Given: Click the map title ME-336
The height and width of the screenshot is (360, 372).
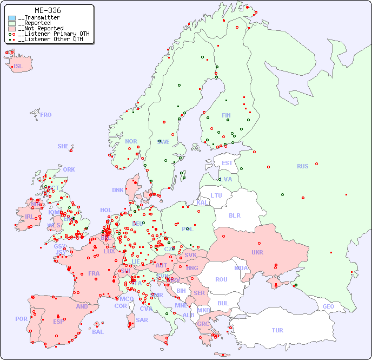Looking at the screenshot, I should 48,10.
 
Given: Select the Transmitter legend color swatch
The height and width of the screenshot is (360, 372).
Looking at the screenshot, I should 12,18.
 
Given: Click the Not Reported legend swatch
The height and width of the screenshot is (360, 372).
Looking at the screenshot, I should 12,28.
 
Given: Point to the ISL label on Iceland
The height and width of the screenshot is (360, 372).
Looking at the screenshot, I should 18,67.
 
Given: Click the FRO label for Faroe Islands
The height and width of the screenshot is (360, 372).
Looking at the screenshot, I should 46,115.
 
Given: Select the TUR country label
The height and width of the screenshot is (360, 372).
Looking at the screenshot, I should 277,330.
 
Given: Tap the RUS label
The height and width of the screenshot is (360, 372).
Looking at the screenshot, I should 302,166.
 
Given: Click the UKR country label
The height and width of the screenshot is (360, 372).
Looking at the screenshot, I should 257,252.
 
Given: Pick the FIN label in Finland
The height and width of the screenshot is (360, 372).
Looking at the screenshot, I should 226,115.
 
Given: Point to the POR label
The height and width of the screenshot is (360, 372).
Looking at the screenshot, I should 21,319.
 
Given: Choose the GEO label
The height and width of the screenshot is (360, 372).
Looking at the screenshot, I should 328,306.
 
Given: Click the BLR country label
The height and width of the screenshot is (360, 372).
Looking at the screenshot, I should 234,215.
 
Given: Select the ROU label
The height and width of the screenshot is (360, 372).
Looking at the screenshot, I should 221,279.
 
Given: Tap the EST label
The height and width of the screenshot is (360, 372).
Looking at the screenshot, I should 227,163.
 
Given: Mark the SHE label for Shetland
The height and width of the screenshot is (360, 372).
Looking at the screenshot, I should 63,146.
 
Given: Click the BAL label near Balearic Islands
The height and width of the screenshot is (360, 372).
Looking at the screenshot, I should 98,332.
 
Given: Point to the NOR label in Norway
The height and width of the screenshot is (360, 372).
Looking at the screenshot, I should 131,141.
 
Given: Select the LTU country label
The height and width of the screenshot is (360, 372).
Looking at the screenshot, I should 216,195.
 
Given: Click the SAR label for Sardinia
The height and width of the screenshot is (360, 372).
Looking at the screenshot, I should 142,320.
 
